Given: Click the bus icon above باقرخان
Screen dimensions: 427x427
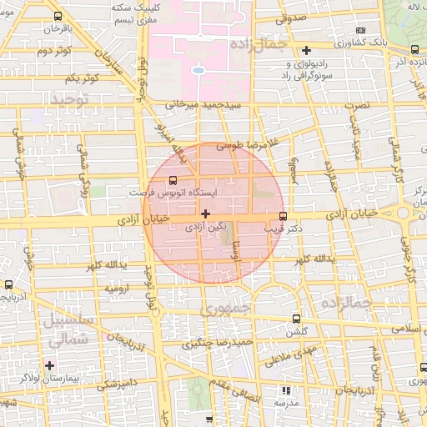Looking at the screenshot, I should point(57,16).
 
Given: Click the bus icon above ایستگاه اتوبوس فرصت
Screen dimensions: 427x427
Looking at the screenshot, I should point(173,179).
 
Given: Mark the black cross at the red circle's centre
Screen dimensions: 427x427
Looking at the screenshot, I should point(206,213).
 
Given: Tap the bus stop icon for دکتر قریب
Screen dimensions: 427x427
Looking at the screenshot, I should point(283,216).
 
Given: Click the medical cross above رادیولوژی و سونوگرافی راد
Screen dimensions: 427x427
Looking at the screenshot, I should point(308,50).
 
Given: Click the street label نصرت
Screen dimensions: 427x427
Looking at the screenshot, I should point(357,108).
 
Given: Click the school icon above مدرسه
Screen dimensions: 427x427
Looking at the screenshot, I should point(286,389).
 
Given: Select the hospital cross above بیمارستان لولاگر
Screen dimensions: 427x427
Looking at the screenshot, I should point(50,364).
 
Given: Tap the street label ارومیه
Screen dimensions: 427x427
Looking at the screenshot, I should point(117,288).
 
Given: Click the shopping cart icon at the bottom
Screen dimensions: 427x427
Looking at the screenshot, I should point(208,419).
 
